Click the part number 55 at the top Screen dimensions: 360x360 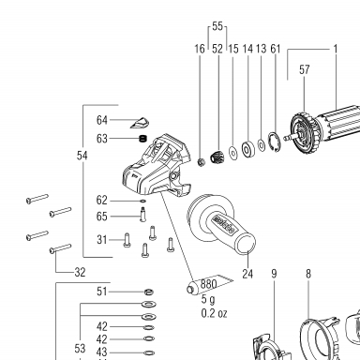[217, 26]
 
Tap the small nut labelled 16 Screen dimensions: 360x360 [202, 162]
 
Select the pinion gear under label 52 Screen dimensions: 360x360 [217, 157]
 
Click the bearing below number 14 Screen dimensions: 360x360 [248, 149]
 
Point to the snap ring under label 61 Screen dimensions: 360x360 [274, 142]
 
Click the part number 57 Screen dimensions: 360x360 [305, 69]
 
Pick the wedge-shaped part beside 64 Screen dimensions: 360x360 [140, 123]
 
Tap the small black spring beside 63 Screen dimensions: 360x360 [142, 139]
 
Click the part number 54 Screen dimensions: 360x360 [82, 156]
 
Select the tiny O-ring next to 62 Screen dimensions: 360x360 [143, 202]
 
